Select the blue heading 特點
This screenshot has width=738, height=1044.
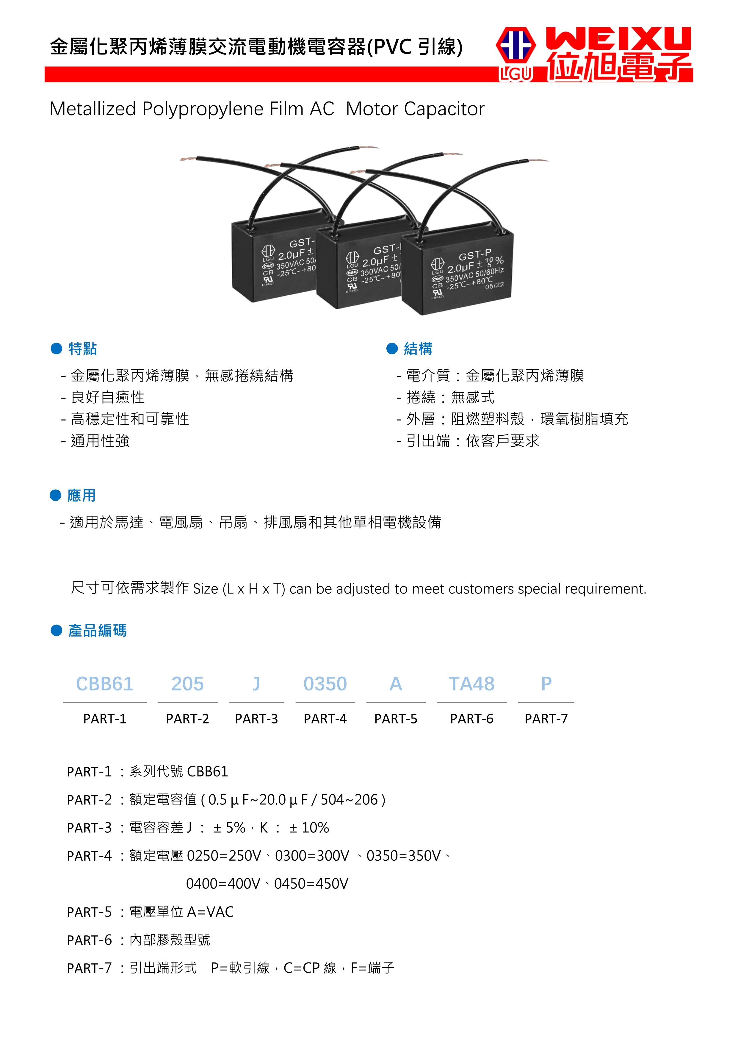(82, 349)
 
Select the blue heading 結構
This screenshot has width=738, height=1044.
(418, 349)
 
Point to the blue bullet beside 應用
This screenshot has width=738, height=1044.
(55, 495)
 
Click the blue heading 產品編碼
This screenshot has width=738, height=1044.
(97, 631)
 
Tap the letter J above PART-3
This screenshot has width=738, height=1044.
(256, 684)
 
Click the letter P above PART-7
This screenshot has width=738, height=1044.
(546, 684)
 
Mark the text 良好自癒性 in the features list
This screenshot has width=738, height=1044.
(108, 397)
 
